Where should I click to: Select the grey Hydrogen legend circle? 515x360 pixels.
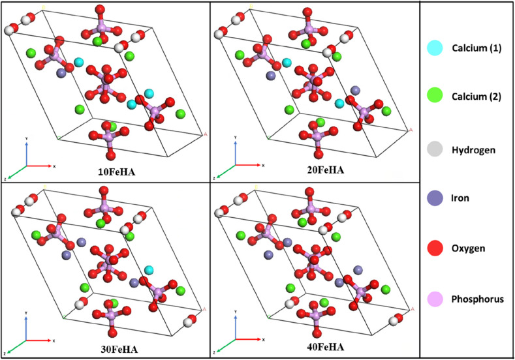coord(435,149)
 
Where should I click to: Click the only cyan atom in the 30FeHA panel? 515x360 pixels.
coord(149,270)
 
